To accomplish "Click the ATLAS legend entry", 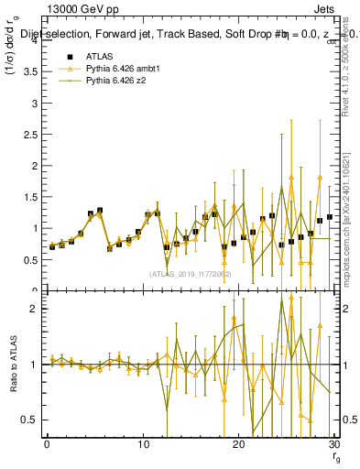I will (99, 56).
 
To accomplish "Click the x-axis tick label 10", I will (142, 444).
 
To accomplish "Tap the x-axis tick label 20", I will (238, 444).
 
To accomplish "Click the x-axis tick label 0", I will (47, 444).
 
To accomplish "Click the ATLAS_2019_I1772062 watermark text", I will (190, 274).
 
